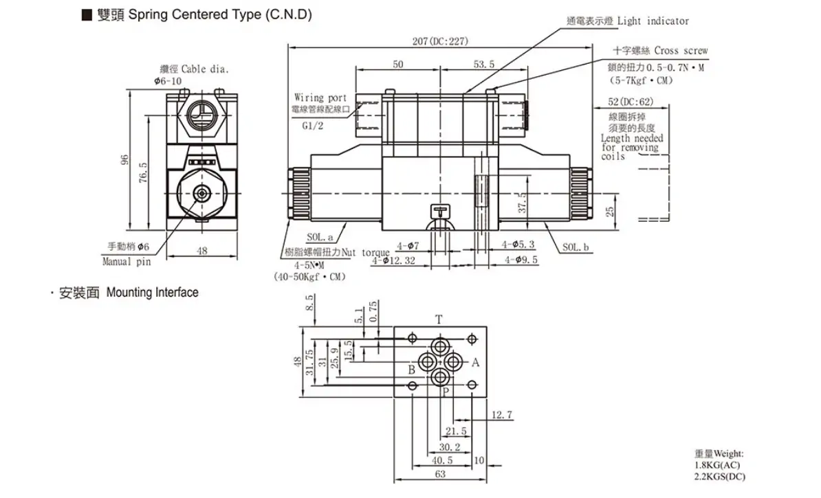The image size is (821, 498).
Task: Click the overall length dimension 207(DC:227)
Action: (440, 41)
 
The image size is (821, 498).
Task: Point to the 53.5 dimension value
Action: (484, 65)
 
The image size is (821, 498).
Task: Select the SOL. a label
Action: (320, 237)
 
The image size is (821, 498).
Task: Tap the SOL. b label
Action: (576, 247)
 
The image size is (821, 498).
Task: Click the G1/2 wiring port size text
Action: (313, 126)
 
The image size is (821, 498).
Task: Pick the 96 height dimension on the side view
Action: (124, 159)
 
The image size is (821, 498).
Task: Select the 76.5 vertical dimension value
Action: (143, 172)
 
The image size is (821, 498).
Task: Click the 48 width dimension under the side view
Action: (202, 251)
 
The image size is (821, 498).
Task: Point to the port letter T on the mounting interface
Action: (439, 319)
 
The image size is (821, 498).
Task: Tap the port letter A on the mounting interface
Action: (475, 363)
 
